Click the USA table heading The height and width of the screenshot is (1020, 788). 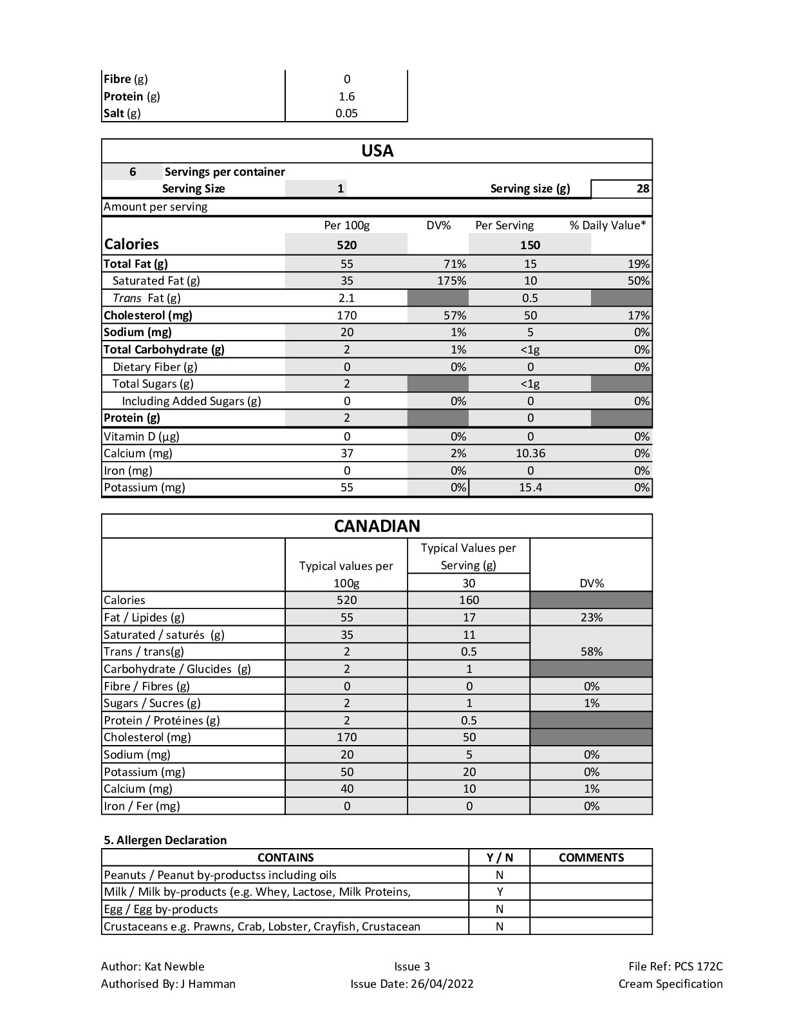[377, 151]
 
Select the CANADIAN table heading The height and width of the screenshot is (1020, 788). [377, 526]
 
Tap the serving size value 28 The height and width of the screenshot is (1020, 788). [642, 189]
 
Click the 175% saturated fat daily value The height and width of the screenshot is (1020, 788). [451, 281]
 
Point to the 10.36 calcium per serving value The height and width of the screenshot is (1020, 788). [530, 453]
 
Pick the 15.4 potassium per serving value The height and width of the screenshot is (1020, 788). [530, 487]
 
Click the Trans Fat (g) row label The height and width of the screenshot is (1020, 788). [146, 298]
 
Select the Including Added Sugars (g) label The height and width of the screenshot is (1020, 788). [191, 401]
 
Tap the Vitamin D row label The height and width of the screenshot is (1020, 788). [142, 437]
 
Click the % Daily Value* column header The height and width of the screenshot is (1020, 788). [607, 225]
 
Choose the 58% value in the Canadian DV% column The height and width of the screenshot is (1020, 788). [591, 652]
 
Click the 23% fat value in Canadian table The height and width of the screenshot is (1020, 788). [591, 618]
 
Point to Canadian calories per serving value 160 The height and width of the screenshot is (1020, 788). [469, 600]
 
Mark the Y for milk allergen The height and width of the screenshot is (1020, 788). [500, 892]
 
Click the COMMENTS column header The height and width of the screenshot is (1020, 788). [591, 858]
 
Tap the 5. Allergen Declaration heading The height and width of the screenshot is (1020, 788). [165, 840]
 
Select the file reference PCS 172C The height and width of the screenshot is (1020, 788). [698, 967]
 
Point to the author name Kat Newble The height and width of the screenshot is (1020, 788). [174, 967]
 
